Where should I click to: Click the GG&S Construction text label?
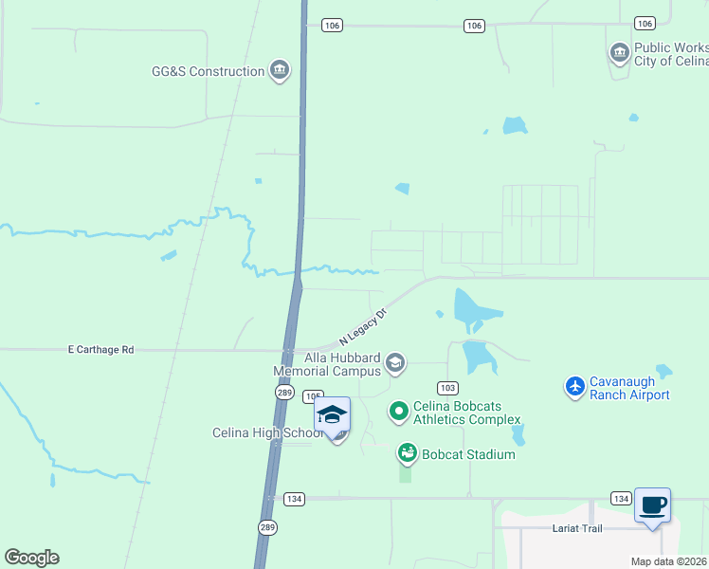(x=209, y=71)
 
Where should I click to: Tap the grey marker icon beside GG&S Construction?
(x=280, y=70)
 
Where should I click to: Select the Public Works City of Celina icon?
(x=620, y=53)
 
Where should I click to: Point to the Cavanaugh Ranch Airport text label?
(x=629, y=388)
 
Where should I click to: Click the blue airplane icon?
(x=574, y=386)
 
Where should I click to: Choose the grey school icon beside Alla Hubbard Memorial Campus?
(x=395, y=361)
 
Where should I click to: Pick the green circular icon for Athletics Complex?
(x=399, y=411)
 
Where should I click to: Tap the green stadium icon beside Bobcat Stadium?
(x=407, y=453)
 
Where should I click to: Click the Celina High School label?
(x=267, y=433)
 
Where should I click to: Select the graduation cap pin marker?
(x=332, y=417)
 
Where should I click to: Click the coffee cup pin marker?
(x=652, y=506)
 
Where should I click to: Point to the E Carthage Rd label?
(x=100, y=350)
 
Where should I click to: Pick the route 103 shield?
(x=447, y=388)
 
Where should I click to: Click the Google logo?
(x=32, y=558)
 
